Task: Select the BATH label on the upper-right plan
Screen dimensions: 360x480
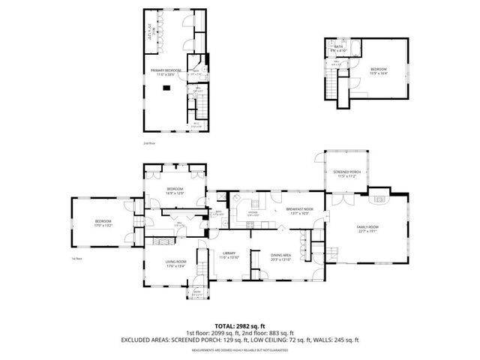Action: point(338,46)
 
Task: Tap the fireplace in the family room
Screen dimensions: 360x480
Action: point(380,199)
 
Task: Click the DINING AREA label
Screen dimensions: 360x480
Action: point(281,255)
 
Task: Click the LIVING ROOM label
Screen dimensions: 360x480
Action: point(175,260)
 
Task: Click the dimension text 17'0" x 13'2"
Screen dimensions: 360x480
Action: point(103,225)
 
